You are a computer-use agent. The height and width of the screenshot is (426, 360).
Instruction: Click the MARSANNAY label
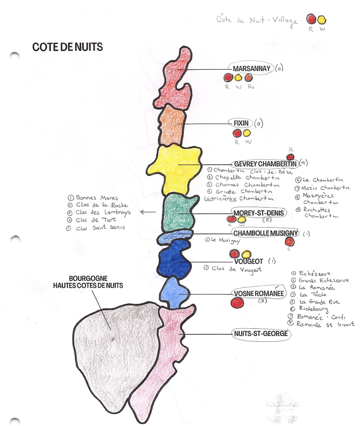click(252, 69)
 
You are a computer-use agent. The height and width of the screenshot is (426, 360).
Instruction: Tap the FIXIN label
click(241, 123)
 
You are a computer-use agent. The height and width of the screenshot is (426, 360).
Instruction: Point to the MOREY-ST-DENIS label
click(259, 213)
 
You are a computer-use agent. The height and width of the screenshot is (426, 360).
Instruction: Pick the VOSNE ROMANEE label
click(259, 294)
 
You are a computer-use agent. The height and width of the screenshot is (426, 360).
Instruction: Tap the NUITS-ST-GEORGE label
click(260, 334)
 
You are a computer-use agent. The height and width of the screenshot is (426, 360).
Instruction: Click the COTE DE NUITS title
click(67, 47)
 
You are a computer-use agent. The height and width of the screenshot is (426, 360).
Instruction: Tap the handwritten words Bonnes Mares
click(97, 198)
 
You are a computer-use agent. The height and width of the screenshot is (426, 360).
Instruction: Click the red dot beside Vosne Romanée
click(237, 303)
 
